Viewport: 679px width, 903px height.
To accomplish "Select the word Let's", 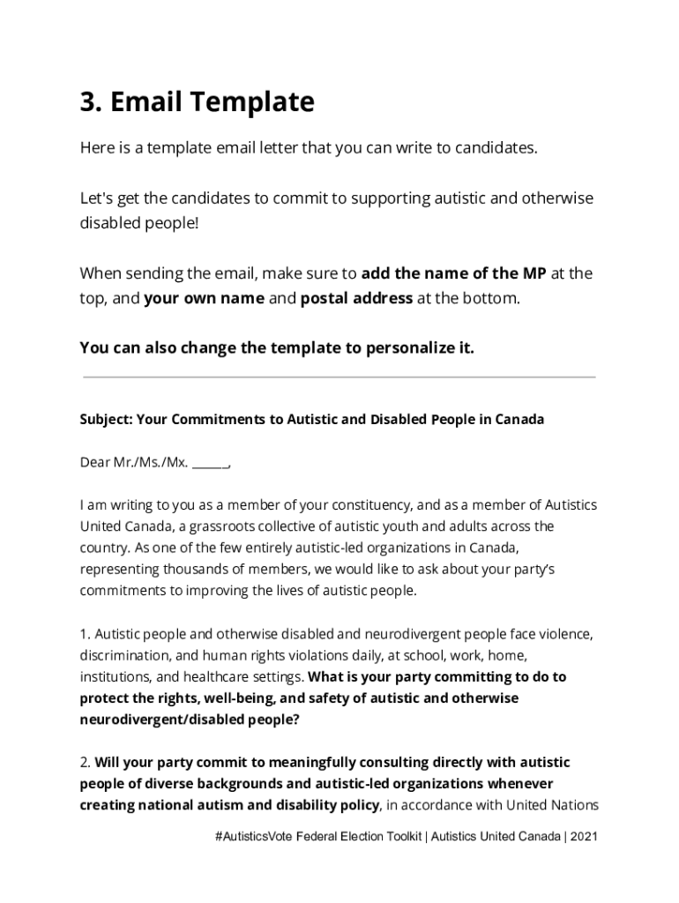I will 97,198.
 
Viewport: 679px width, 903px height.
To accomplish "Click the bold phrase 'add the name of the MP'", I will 453,272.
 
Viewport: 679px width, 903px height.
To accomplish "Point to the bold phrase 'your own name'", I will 204,298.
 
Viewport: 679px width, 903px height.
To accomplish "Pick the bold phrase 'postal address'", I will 356,298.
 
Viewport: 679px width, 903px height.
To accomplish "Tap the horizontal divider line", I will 339,377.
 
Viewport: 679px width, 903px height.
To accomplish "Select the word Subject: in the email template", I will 106,420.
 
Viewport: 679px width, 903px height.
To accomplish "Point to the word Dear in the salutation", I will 95,462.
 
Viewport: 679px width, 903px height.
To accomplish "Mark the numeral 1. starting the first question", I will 85,634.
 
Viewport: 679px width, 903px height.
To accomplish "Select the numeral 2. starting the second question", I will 86,763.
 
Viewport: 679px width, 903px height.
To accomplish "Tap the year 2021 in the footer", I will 585,837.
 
